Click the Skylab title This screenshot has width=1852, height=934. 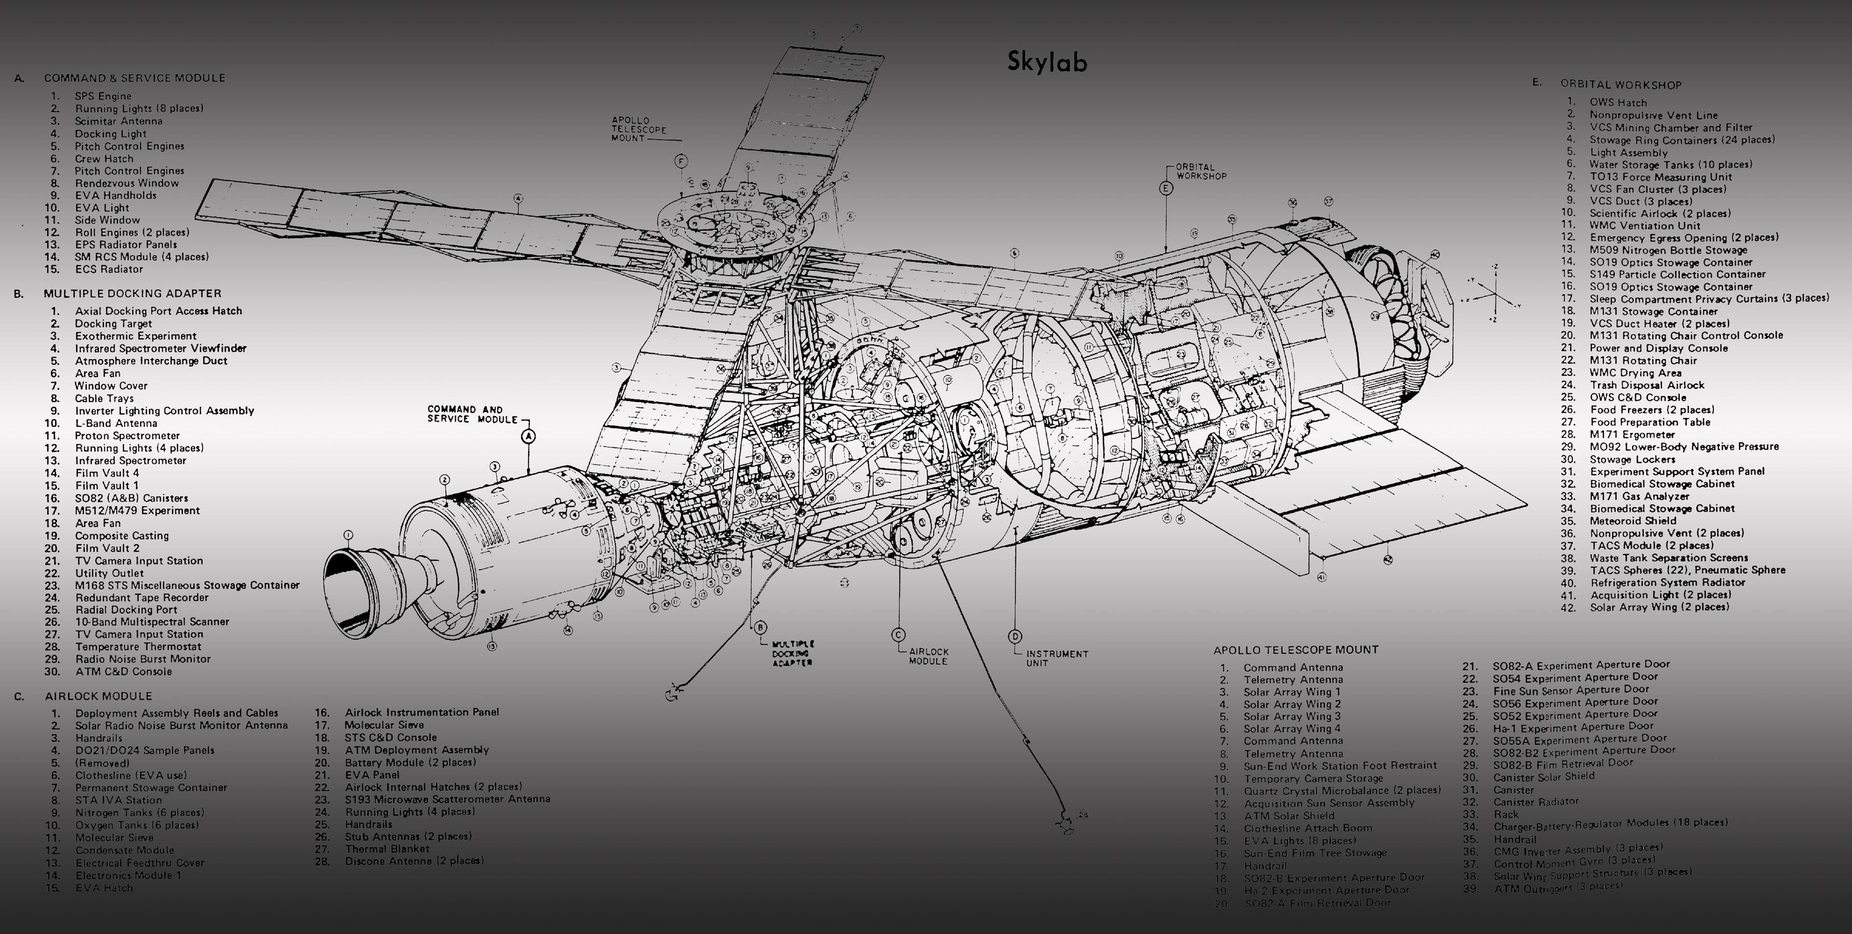point(1047,62)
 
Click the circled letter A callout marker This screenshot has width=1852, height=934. point(529,436)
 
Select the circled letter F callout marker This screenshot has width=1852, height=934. point(680,161)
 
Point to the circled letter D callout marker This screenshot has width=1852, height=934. point(1014,636)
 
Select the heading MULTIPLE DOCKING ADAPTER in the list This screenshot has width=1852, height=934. point(132,293)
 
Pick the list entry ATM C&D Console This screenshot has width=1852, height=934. point(123,671)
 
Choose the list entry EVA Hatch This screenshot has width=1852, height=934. point(104,888)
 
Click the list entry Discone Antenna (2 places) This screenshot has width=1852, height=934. point(413,861)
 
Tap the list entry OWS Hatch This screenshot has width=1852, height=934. point(1618,103)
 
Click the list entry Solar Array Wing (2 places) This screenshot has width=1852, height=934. point(1658,607)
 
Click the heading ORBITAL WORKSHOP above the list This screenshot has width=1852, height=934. point(1621,85)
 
